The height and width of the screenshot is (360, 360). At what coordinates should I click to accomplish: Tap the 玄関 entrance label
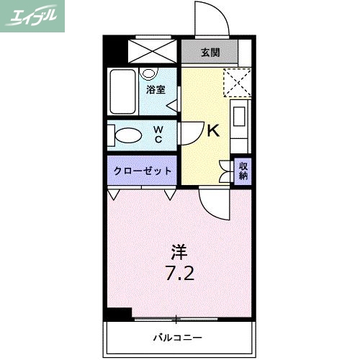coord(210,53)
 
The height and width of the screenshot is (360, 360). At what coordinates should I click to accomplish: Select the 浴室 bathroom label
coord(156,89)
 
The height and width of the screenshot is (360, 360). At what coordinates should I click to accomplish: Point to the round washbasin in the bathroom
coord(150,73)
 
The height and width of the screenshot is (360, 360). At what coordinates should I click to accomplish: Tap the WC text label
coord(158,135)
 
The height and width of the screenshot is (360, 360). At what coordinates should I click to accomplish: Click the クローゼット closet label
coord(143,171)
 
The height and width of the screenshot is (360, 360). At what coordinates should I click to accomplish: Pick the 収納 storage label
coord(243,171)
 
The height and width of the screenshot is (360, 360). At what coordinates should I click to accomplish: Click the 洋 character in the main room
coord(179,252)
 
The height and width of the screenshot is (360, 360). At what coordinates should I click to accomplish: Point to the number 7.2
coord(180,274)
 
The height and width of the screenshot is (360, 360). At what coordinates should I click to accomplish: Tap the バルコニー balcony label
coord(177,336)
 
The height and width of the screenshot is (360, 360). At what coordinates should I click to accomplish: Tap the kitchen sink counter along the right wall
coord(240,122)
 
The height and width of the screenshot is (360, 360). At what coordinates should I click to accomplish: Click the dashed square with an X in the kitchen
coord(236,81)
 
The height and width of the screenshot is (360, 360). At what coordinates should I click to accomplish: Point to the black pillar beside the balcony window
coord(118,314)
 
